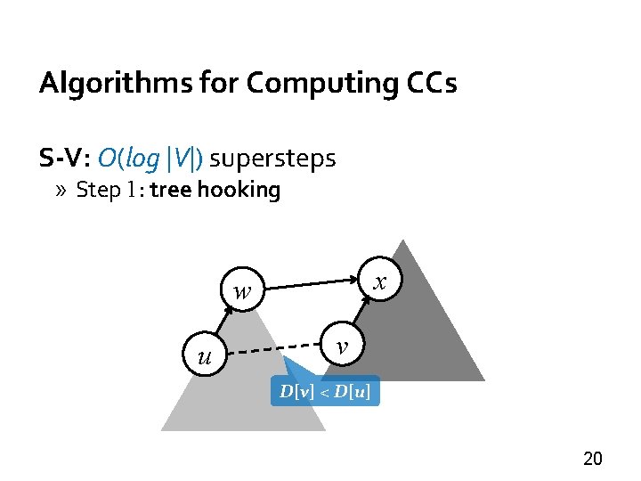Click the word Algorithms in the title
[93, 84]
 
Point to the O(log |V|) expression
[150, 159]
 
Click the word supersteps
[272, 159]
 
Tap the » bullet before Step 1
[64, 190]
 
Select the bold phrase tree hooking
[215, 190]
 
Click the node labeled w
[241, 289]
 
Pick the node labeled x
[380, 281]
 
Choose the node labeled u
[204, 357]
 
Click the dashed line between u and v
[272, 350]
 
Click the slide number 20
[592, 460]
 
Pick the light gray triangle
[240, 392]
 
